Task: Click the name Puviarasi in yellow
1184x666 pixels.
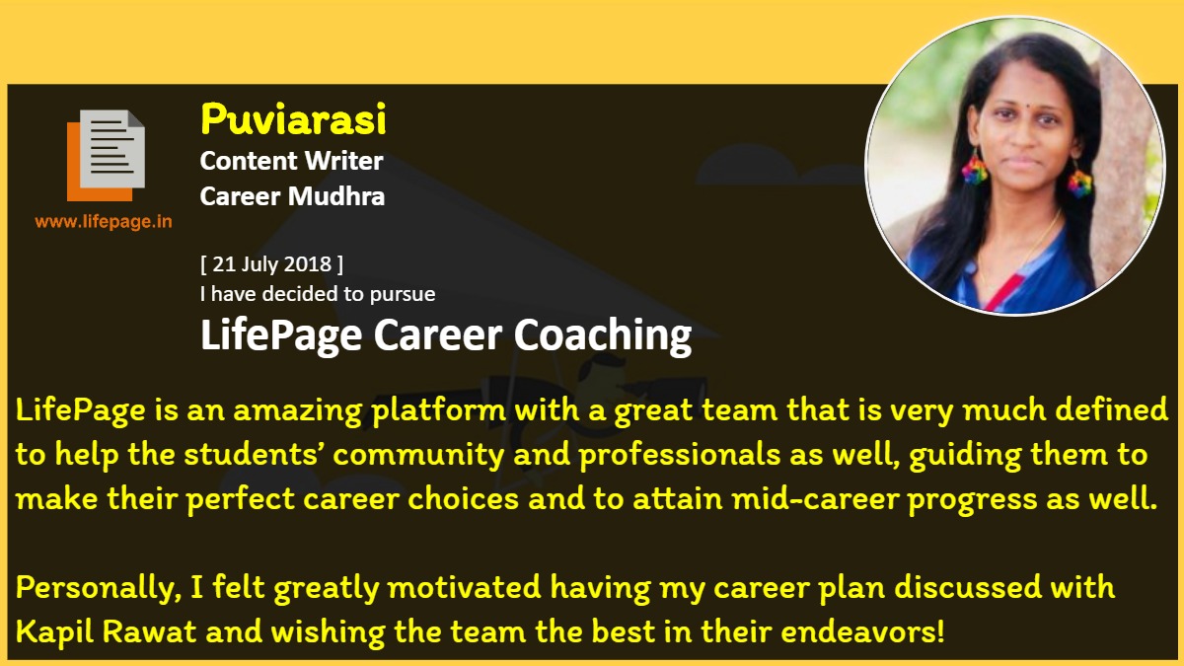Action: click(293, 119)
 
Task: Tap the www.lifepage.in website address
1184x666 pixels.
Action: click(104, 221)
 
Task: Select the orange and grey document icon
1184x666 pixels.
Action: click(106, 156)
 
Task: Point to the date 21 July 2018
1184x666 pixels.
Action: click(271, 263)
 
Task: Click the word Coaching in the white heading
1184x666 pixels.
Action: click(603, 336)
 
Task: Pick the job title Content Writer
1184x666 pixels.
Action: click(291, 161)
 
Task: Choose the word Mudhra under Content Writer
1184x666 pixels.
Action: click(336, 196)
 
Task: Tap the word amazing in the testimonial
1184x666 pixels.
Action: click(298, 411)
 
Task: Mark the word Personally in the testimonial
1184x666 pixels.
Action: click(99, 588)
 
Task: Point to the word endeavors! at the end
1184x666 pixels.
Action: click(862, 631)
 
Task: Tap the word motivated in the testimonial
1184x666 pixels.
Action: click(464, 587)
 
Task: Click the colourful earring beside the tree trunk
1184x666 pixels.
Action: click(1079, 180)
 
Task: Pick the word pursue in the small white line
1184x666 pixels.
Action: click(403, 295)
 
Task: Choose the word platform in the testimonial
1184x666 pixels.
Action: click(439, 410)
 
